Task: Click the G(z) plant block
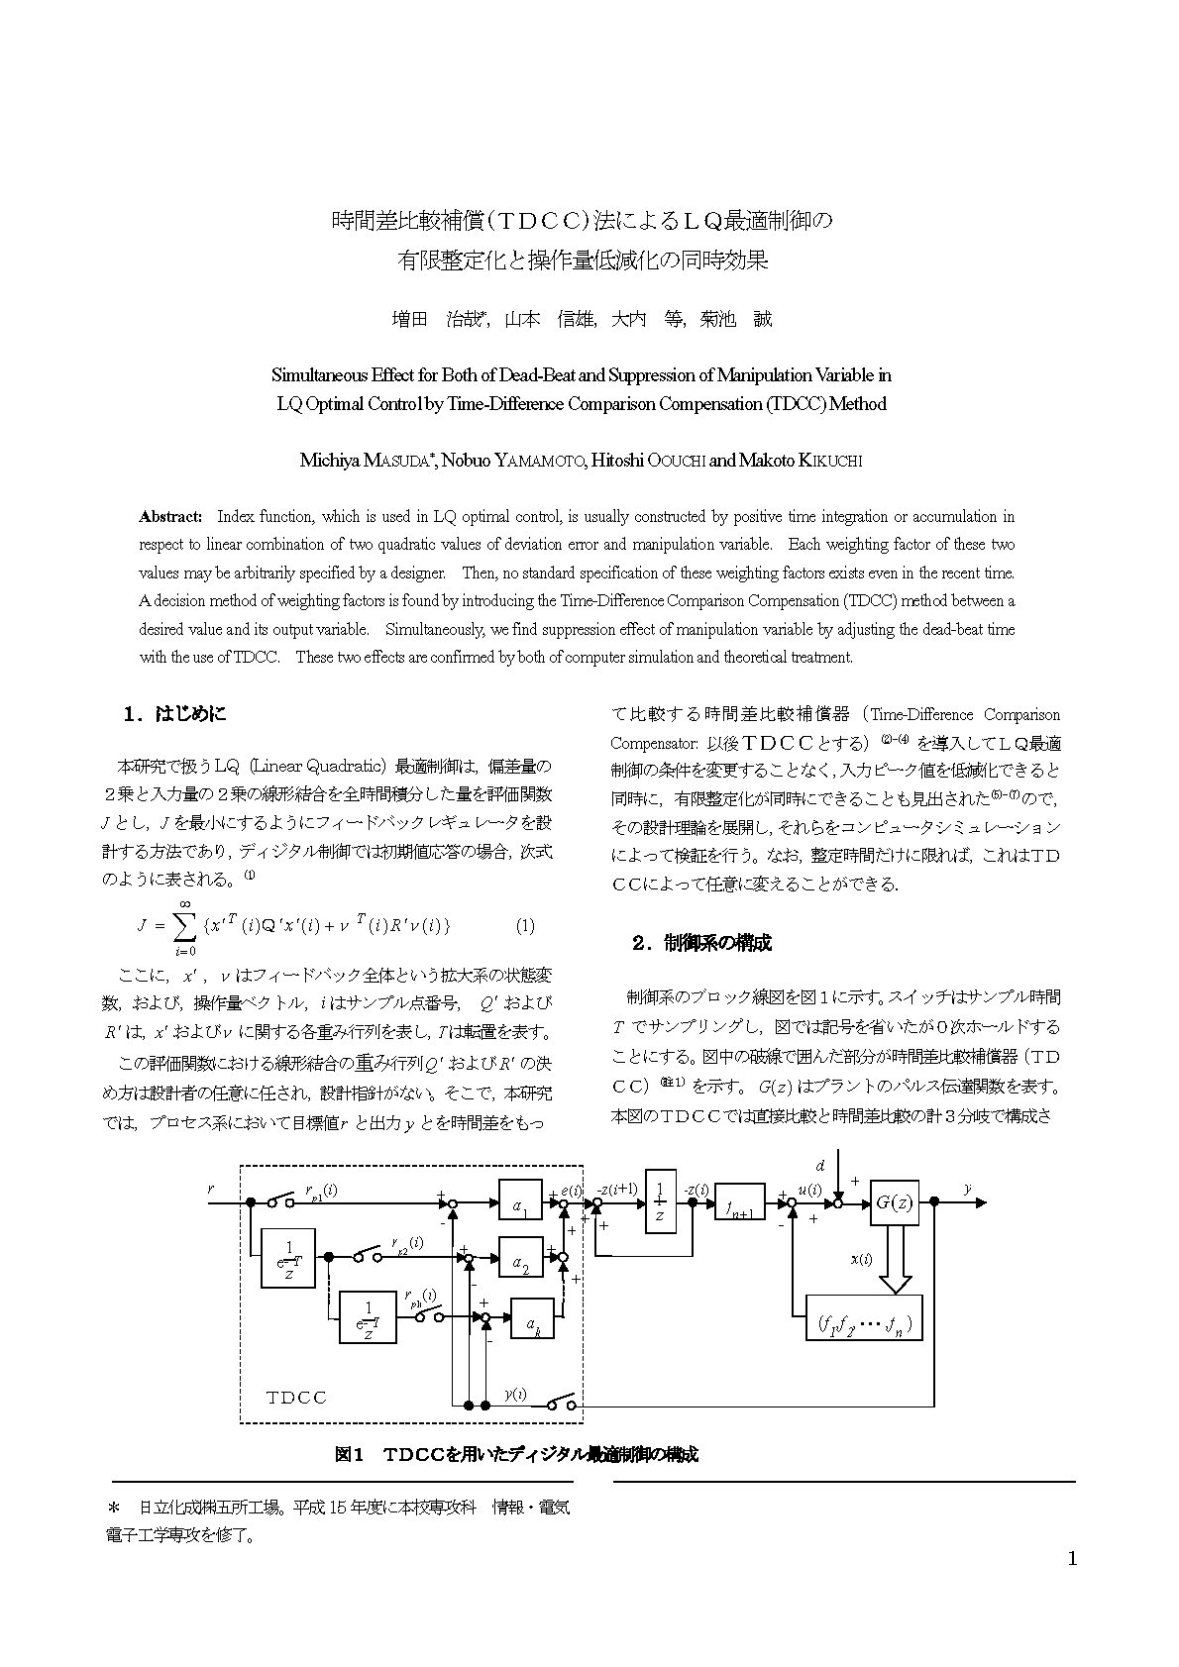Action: pos(894,1202)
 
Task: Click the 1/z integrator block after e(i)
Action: pos(660,1201)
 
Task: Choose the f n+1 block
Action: pos(739,1203)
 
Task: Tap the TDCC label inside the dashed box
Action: pos(296,1398)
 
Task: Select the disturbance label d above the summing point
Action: pos(820,1165)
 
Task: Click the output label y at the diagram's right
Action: pos(967,1188)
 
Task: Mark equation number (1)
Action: pos(525,926)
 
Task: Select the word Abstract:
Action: pos(170,516)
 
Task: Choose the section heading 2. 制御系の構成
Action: pos(701,942)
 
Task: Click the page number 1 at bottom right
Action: pos(1072,1558)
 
